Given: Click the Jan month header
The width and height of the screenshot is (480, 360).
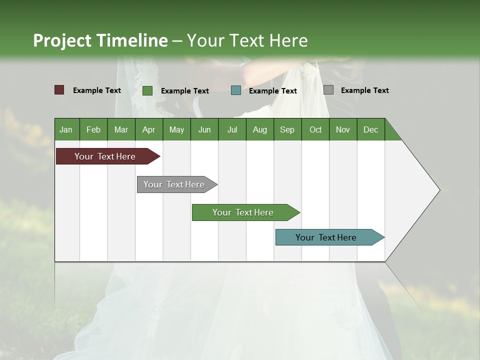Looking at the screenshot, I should (x=66, y=129).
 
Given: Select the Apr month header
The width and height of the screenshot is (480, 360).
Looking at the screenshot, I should (x=148, y=129).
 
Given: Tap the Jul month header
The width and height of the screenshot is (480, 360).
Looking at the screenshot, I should (x=232, y=129).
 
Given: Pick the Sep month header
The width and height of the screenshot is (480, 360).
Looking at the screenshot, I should (x=287, y=129).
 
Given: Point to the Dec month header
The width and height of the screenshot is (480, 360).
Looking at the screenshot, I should (x=370, y=129).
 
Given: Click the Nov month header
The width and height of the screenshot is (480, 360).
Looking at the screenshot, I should (x=342, y=129).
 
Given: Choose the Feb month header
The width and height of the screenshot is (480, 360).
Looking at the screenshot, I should (x=93, y=129).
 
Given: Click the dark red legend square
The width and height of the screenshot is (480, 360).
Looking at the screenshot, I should (x=59, y=90).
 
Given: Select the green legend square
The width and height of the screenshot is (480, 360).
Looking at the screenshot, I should (x=147, y=90).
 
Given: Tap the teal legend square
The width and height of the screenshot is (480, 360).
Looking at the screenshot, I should (x=236, y=90).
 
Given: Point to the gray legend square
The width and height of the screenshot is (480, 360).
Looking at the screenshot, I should (x=328, y=90).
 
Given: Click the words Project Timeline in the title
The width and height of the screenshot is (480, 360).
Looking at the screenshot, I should (x=100, y=40).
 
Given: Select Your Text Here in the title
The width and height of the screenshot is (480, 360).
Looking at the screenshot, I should (x=247, y=40).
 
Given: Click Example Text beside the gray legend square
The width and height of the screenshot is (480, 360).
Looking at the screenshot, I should (x=364, y=90).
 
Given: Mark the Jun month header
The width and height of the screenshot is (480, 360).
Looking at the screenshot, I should (x=204, y=129).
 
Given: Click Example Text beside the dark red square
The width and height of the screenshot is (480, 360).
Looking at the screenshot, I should (x=96, y=90).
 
